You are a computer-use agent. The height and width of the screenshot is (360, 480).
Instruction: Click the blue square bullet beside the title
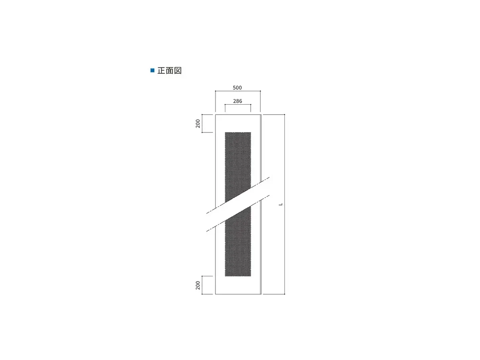tap(152, 71)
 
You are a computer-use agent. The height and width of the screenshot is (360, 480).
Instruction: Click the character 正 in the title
tap(161, 71)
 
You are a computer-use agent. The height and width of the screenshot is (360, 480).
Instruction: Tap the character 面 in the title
tap(169, 71)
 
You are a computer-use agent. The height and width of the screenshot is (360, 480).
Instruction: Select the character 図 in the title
tap(178, 71)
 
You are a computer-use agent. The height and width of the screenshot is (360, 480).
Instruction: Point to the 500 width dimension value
tap(237, 88)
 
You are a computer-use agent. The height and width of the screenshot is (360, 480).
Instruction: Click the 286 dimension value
tap(238, 101)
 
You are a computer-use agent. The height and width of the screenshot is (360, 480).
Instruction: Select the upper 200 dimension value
tap(198, 123)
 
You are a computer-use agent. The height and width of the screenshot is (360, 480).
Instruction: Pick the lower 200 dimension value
tap(198, 285)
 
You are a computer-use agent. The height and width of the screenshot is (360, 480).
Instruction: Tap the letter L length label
tap(281, 204)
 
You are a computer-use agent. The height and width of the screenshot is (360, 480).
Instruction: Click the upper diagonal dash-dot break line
tap(238, 195)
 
